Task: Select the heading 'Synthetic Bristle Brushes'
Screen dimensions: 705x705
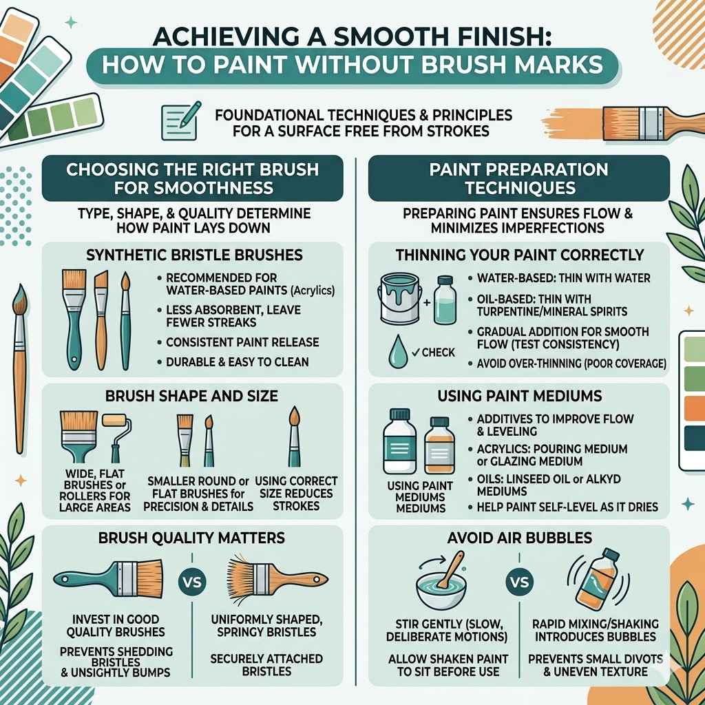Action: click(x=193, y=255)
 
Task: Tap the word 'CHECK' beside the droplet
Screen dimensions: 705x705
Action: click(x=439, y=352)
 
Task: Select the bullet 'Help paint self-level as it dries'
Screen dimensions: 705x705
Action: click(x=565, y=507)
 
